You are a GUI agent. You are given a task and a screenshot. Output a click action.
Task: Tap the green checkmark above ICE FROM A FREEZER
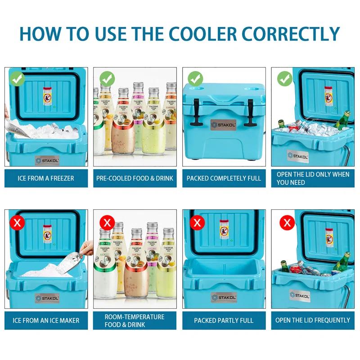[x=16, y=80]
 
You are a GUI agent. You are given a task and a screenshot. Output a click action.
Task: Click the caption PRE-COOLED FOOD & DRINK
[x=135, y=178]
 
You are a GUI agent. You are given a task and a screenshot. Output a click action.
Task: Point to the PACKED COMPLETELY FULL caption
[x=224, y=178]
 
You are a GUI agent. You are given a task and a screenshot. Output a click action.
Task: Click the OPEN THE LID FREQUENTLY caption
[x=313, y=320]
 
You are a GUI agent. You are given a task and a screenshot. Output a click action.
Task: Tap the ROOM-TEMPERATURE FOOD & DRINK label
[x=135, y=320]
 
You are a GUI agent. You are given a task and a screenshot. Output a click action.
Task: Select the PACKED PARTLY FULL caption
[x=224, y=320]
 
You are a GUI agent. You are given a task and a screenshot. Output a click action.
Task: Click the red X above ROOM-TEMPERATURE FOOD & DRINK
[x=107, y=222]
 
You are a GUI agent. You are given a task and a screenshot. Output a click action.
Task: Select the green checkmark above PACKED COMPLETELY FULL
[x=195, y=80]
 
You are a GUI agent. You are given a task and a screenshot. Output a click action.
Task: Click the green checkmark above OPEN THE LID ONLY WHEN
[x=284, y=80]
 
